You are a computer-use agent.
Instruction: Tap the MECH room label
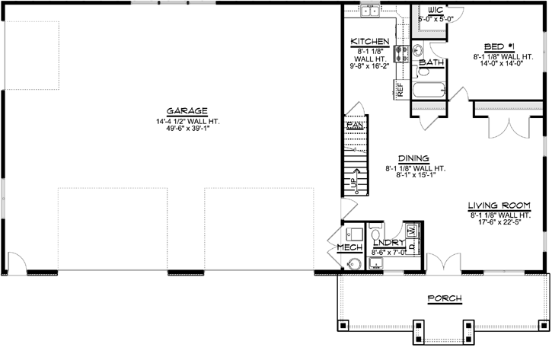click(x=349, y=247)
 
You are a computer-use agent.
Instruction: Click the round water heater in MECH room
click(x=353, y=263)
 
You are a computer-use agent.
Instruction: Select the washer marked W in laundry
click(x=410, y=229)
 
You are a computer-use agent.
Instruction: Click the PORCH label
click(x=444, y=298)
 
